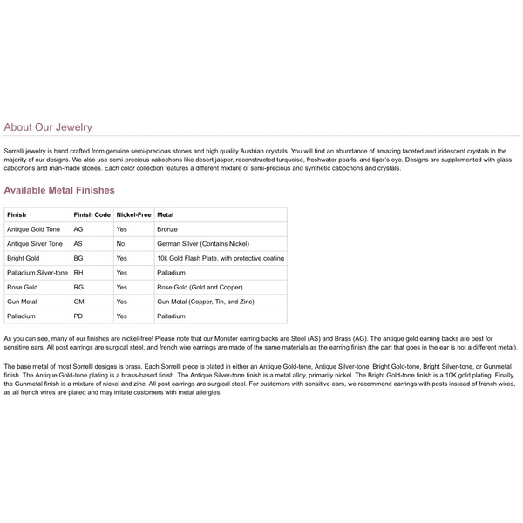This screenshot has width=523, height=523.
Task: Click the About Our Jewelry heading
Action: coord(48,127)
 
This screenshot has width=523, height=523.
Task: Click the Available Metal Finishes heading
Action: coord(59,190)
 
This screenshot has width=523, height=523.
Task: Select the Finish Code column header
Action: coord(92,214)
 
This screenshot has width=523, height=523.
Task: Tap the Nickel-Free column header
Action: coord(133,214)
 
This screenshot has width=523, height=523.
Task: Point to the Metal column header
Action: coord(165,214)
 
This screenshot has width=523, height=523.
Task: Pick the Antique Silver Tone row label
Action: coord(35,243)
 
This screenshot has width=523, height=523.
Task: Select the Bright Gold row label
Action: coord(23,258)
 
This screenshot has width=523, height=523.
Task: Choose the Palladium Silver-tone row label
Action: coord(37,273)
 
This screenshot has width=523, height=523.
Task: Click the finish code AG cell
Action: coord(78,229)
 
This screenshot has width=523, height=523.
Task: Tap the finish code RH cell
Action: coord(78,273)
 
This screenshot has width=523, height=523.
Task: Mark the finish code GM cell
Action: coord(78,302)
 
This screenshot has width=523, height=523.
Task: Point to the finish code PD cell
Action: coord(78,316)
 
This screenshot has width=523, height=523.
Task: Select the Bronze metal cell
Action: coord(167,229)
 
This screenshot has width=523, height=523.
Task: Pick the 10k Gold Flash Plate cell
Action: coord(220,258)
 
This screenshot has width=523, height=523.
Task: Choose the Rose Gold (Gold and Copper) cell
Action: coord(199,287)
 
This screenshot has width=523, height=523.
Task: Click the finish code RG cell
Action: coord(78,287)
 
